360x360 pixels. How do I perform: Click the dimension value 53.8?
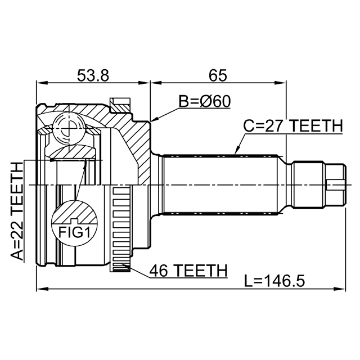click(x=93, y=75)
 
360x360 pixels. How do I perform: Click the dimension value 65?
click(x=218, y=75)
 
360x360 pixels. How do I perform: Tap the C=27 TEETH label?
click(x=293, y=126)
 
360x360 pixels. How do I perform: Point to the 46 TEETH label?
click(x=188, y=271)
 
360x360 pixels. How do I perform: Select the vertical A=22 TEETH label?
click(x=17, y=211)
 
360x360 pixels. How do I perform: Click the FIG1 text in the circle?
click(x=74, y=232)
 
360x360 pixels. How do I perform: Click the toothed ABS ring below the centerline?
click(x=121, y=229)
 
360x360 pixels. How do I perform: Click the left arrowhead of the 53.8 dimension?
click(x=42, y=83)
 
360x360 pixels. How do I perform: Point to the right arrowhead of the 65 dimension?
click(x=281, y=83)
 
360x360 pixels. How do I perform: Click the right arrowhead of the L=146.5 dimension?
click(x=340, y=289)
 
